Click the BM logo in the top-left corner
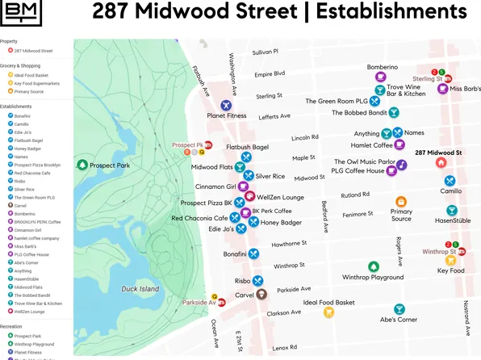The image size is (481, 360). coord(22,13)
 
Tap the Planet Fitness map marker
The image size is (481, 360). coord(227,105)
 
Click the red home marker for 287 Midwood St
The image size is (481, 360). coord(441,162)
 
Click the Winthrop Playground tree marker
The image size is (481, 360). coord(373,266)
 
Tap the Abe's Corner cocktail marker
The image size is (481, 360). coord(399,309)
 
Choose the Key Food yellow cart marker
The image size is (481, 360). coord(451,260)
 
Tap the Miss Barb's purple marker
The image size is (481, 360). coord(443,89)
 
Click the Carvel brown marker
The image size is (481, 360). coord(260,295)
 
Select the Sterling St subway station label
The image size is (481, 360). coord(428,78)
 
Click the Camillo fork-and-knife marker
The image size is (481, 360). coord(450,180)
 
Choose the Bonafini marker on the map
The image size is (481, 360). coord(253,253)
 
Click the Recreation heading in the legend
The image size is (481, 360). coord(12,327)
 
